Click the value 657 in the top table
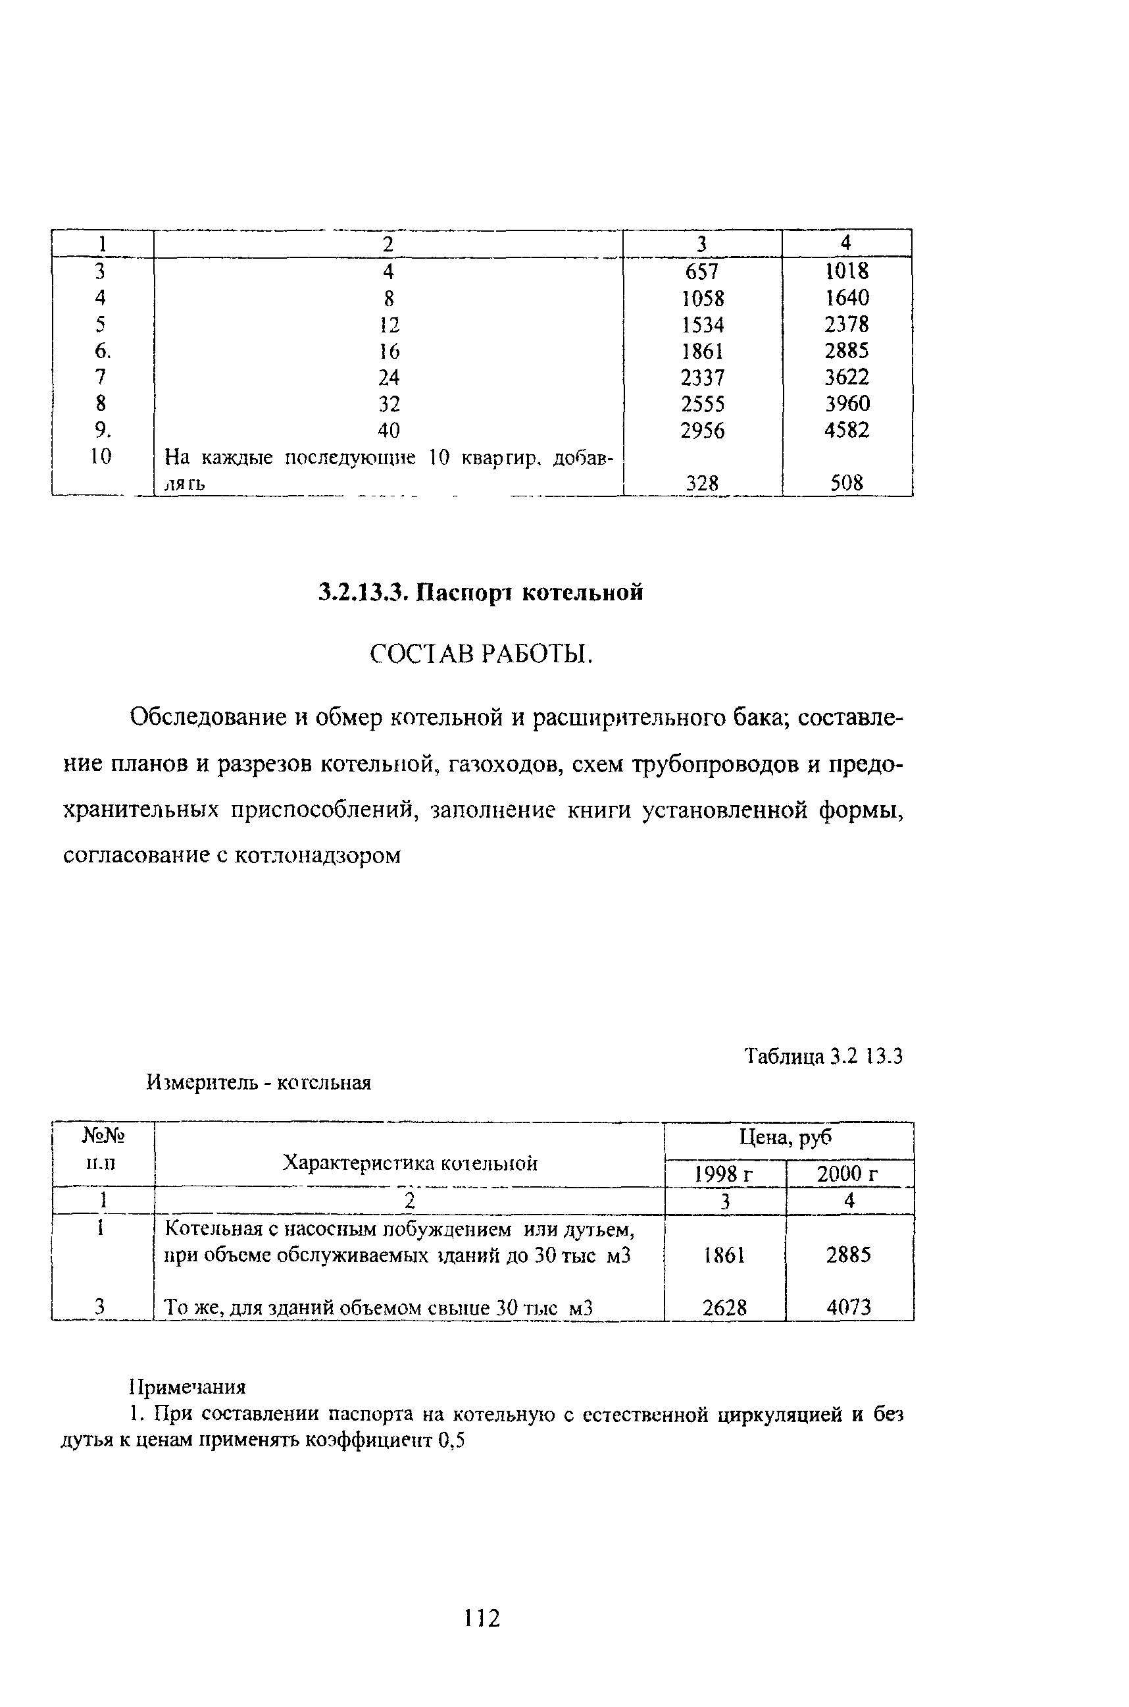[702, 271]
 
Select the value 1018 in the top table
[847, 271]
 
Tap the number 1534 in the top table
[702, 325]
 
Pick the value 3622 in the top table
[847, 377]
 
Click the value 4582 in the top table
[847, 430]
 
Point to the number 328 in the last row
[702, 483]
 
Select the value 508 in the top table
[847, 483]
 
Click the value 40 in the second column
[388, 431]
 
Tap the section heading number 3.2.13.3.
[364, 592]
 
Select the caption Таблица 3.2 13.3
[823, 1057]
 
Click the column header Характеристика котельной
[410, 1163]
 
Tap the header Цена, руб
[786, 1138]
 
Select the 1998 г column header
[724, 1174]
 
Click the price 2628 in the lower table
[724, 1307]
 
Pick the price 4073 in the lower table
[848, 1307]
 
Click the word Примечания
[188, 1386]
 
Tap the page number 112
[482, 1618]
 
